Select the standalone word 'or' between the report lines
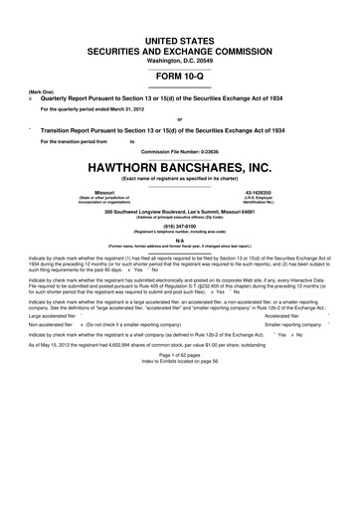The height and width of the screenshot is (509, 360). point(180,119)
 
